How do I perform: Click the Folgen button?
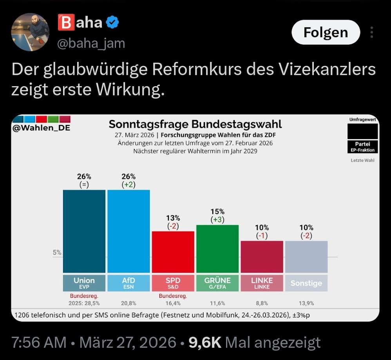(326, 32)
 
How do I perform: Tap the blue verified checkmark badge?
(113, 23)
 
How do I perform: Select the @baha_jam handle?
(91, 43)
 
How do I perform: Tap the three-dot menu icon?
(372, 32)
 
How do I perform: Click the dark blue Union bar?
(84, 231)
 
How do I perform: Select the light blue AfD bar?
(129, 231)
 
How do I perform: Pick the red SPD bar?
(173, 251)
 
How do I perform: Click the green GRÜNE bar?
(217, 248)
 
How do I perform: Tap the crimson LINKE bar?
(262, 257)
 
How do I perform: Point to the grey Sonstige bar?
(306, 257)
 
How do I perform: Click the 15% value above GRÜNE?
(217, 212)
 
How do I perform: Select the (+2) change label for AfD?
(129, 185)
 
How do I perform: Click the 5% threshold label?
(57, 253)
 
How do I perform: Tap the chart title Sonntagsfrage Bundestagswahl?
(195, 125)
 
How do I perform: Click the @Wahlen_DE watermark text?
(42, 128)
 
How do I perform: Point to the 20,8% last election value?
(129, 303)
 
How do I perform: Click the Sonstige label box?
(306, 283)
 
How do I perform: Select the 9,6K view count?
(205, 343)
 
